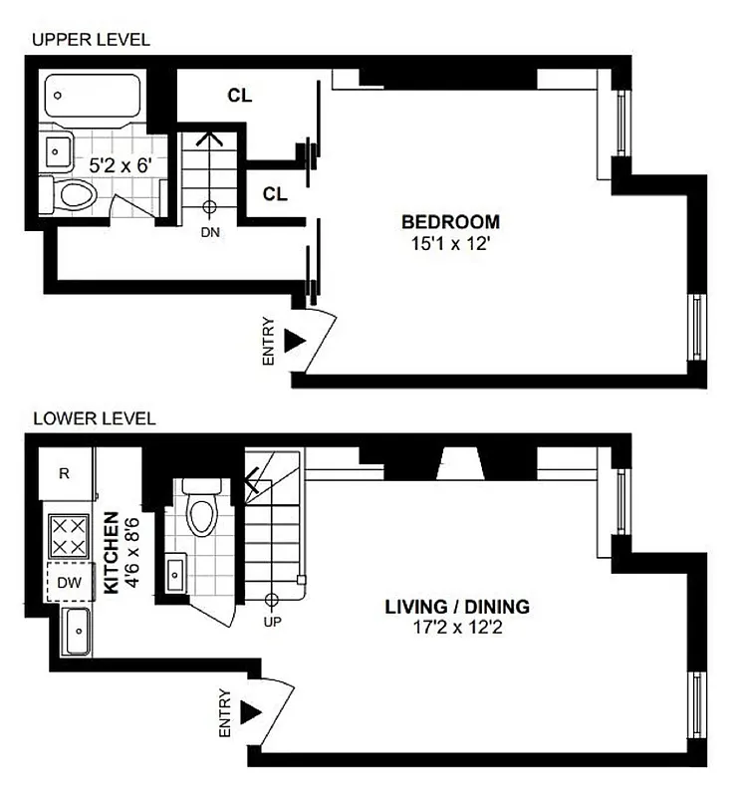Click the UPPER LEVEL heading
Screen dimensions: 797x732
point(91,40)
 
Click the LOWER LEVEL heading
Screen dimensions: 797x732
point(94,418)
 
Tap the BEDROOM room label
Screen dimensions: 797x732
point(450,221)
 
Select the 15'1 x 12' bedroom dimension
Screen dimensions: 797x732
point(450,241)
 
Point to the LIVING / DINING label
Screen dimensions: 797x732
point(457,606)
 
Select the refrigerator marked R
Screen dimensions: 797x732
point(65,474)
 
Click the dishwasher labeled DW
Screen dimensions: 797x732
point(68,581)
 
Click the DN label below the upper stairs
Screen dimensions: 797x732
point(210,232)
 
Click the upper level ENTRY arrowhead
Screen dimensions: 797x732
point(293,341)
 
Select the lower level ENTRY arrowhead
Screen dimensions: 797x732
point(250,712)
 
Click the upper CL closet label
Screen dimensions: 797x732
point(239,96)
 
